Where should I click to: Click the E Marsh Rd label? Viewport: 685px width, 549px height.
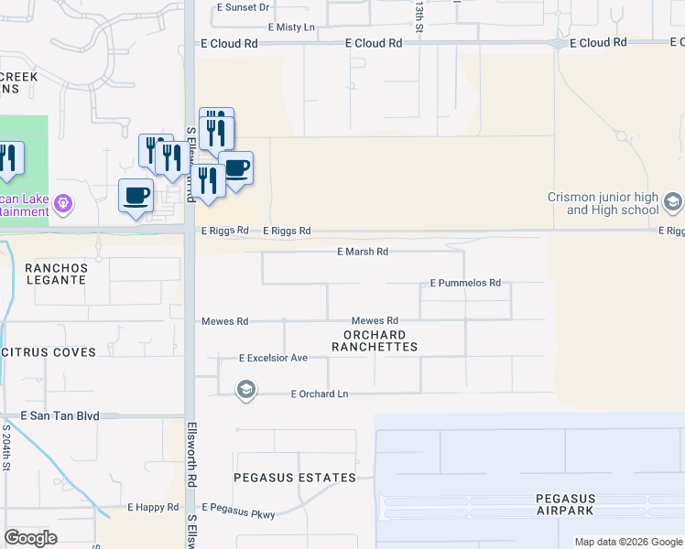363,251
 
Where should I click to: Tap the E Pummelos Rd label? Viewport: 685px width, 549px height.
465,284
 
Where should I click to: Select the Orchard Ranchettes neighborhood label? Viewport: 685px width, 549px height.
375,340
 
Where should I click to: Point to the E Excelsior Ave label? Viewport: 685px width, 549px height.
273,358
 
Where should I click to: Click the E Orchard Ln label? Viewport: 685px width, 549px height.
320,394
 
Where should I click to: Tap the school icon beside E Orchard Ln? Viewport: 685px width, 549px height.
245,392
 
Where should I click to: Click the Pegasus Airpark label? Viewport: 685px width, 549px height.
566,504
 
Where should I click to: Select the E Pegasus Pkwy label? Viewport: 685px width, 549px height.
238,507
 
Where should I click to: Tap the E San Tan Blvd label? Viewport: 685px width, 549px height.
59,415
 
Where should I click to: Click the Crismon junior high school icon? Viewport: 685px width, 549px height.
673,201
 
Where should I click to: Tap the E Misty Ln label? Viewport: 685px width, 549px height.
291,27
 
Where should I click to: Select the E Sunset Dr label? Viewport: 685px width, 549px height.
244,7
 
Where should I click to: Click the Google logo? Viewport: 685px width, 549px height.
30,538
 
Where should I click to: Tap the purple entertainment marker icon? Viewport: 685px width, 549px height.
63,202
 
